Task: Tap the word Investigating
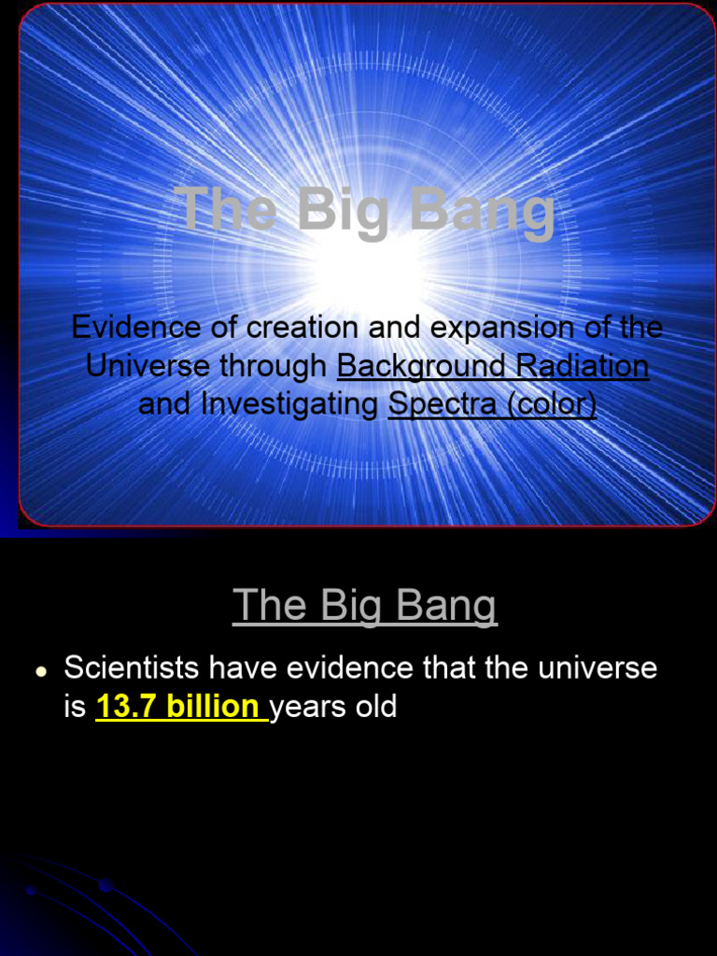290,404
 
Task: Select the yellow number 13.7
127,707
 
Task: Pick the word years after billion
307,707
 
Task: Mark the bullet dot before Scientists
41,671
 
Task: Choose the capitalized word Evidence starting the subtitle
136,328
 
